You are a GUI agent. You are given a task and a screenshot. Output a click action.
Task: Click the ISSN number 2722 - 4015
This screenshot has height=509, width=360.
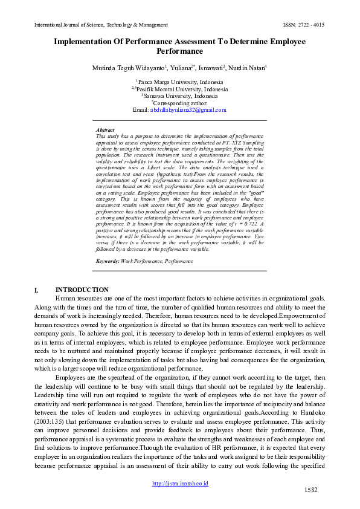pyautogui.click(x=309, y=25)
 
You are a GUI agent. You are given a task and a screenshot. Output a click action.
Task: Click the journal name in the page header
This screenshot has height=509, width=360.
pyautogui.click(x=101, y=25)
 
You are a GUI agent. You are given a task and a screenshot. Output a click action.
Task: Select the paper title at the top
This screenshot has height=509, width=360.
pyautogui.click(x=179, y=47)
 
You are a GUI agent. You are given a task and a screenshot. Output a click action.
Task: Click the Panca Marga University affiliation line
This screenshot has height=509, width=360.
pyautogui.click(x=179, y=82)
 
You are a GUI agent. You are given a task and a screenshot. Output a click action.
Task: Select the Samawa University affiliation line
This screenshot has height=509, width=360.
pyautogui.click(x=179, y=96)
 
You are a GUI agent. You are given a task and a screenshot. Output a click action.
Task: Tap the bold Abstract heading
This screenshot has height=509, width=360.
pyautogui.click(x=105, y=130)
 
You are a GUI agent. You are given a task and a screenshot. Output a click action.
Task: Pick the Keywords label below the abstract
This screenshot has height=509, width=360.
pyautogui.click(x=108, y=261)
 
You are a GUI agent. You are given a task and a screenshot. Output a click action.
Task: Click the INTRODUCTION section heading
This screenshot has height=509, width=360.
pyautogui.click(x=82, y=290)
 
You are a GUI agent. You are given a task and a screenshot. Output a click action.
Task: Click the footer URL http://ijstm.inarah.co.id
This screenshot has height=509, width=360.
pyautogui.click(x=180, y=484)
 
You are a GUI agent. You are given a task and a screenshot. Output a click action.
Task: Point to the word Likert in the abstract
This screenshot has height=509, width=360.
pyautogui.click(x=162, y=166)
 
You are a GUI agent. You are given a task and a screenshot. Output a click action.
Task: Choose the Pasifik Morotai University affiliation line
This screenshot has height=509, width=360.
pyautogui.click(x=179, y=89)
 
